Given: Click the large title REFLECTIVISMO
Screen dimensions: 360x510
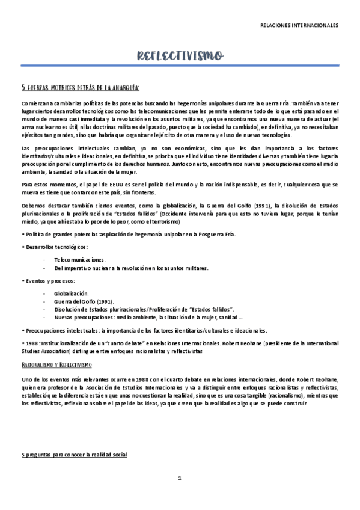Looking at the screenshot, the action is pos(180,56).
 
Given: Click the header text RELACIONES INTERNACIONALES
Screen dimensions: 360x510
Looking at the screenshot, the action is pos(299,26).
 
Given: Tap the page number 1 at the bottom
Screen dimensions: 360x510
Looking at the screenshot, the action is pos(180,478).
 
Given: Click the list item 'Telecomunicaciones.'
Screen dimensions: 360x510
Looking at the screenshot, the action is pos(80,258).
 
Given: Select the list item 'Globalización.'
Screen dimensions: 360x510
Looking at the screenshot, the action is pos(72,293).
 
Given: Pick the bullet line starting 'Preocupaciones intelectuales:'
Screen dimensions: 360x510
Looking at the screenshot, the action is pos(144,330).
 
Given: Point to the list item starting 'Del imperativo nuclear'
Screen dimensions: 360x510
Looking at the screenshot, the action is pos(130,268).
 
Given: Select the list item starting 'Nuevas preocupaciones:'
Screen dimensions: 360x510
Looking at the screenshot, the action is pos(148,318).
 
